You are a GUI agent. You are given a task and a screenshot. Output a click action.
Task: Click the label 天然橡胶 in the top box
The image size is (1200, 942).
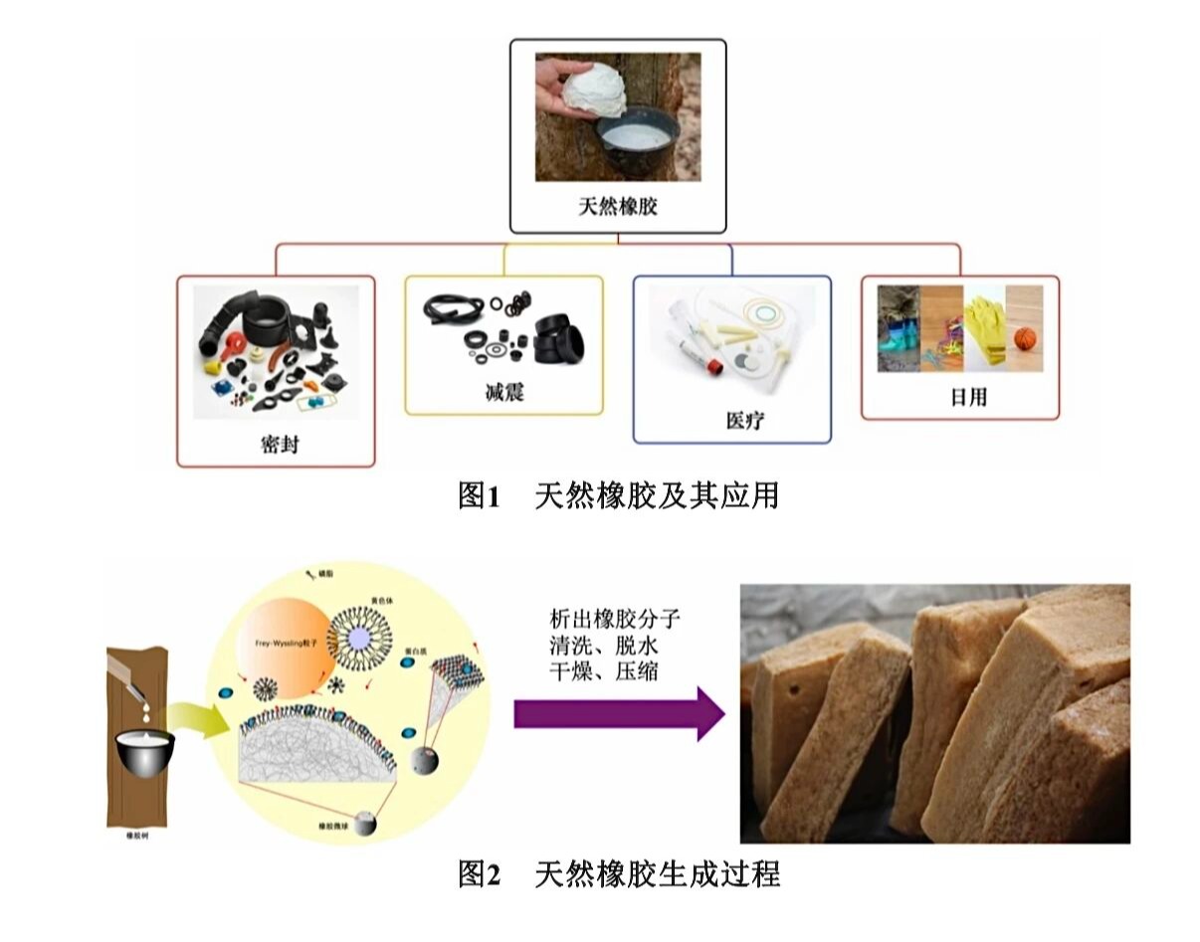click(617, 208)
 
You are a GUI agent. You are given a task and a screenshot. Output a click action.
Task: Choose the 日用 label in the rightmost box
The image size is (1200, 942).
click(959, 397)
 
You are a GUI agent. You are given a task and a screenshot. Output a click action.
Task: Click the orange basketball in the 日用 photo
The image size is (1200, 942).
click(1025, 339)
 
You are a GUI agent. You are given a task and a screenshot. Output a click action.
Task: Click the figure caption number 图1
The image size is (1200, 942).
click(477, 494)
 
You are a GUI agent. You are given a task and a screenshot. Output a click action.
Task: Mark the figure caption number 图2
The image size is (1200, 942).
click(477, 874)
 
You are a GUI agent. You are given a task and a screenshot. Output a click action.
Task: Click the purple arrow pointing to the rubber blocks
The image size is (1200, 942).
click(617, 713)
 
